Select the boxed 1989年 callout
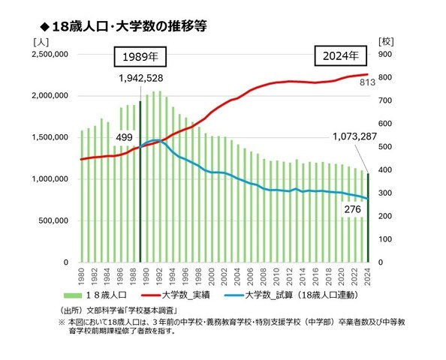(140, 56)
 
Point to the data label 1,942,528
(141, 78)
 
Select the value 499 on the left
(124, 137)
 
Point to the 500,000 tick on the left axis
(53, 220)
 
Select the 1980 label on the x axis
(81, 277)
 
